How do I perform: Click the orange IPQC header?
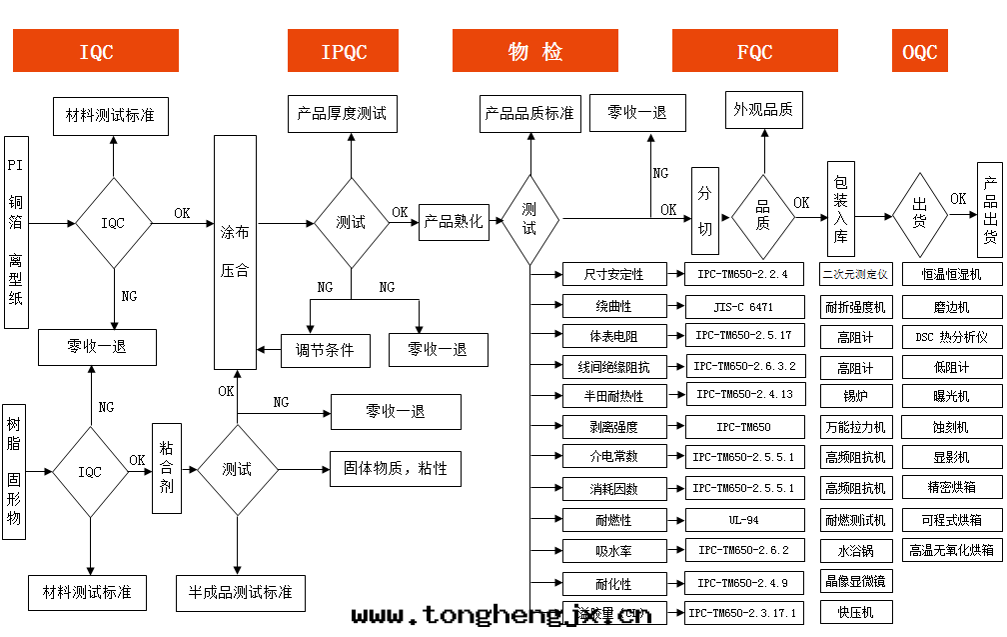(343, 51)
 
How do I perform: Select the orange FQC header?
(754, 51)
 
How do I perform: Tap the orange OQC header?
(919, 51)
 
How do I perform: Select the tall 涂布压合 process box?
(235, 251)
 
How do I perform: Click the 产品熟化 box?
(454, 222)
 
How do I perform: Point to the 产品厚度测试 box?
(342, 113)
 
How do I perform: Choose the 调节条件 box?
(325, 349)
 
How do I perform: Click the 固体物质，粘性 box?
(396, 468)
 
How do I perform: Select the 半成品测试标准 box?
(240, 592)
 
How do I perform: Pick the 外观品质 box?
(763, 110)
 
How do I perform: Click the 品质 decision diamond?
(763, 213)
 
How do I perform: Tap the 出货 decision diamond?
(919, 213)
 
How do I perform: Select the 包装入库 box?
(840, 209)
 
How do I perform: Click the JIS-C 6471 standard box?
(743, 306)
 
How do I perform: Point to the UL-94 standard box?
(743, 520)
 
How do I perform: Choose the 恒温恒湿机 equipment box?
(951, 274)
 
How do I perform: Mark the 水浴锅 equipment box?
(855, 550)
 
